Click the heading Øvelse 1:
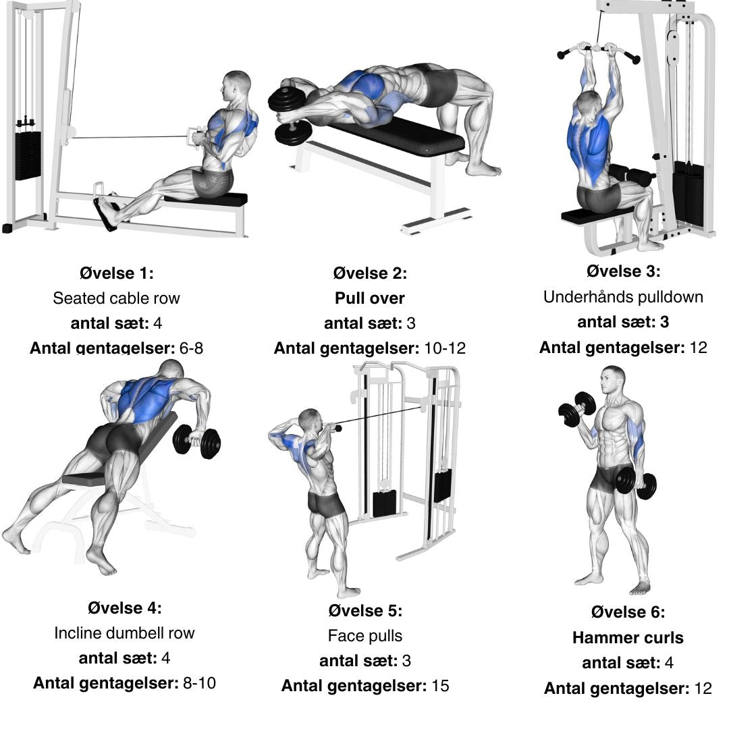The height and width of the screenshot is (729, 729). point(116,273)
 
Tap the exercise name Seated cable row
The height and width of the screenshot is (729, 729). point(116,298)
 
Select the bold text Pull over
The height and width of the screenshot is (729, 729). point(370,298)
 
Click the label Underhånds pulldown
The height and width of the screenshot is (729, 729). point(623,296)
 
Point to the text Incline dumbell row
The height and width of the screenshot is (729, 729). point(124,632)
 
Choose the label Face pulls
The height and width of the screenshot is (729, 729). point(365,636)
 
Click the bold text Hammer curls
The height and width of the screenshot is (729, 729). point(628,637)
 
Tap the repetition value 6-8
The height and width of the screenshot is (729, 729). point(191,348)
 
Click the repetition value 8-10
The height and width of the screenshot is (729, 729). point(199,683)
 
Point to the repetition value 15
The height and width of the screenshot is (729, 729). point(440,686)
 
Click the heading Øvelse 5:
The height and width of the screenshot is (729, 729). point(365,610)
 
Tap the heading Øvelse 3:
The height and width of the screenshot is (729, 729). point(623,271)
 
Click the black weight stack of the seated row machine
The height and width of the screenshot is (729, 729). point(28,156)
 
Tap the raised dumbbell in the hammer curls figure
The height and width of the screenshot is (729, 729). point(577,409)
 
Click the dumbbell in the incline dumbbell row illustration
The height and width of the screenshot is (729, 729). point(196,441)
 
